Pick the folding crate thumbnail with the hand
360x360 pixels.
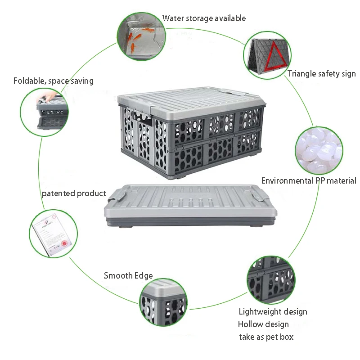44,110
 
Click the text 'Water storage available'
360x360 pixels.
204,18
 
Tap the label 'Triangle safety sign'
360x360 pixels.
321,74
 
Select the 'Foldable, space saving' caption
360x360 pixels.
53,81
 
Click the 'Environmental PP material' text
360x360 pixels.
309,181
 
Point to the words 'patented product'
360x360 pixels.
74,193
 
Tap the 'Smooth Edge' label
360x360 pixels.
128,276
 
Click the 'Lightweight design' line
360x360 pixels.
273,311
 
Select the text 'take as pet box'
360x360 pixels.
266,337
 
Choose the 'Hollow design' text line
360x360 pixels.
263,324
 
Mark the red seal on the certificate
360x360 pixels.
64,243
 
